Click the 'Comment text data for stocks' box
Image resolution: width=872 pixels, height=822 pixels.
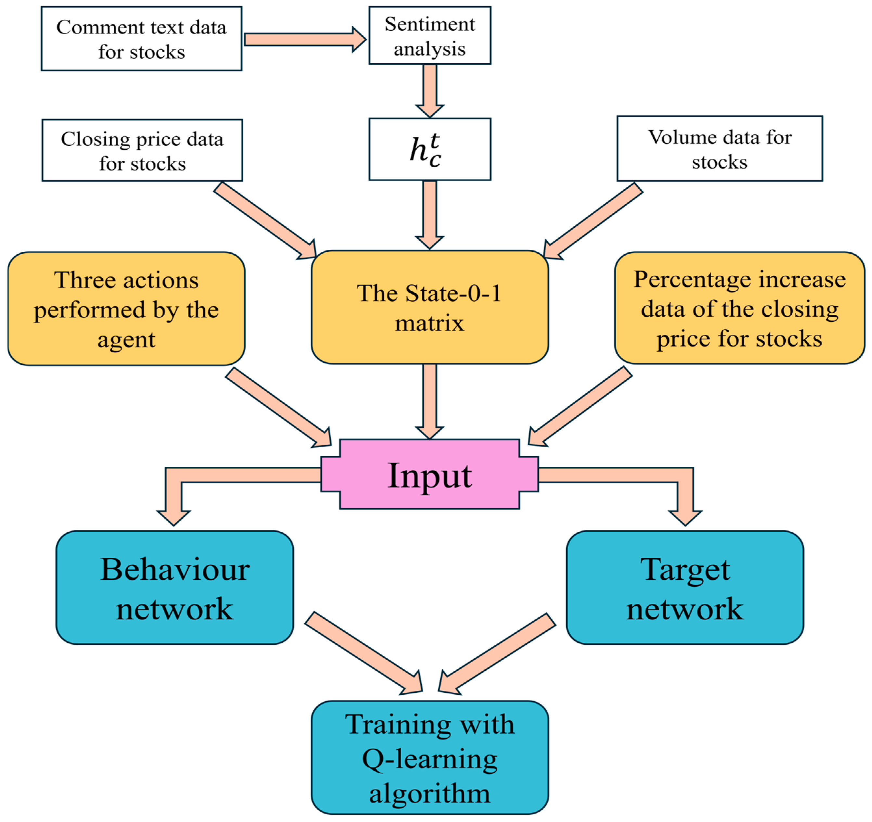coord(142,39)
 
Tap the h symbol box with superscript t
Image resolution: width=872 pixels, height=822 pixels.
coord(430,149)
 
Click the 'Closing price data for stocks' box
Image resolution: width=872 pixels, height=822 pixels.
coord(142,150)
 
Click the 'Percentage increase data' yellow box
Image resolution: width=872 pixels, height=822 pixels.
coord(739,308)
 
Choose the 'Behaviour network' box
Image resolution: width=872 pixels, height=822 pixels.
coord(174,588)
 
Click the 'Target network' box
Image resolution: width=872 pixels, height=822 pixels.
coord(685,588)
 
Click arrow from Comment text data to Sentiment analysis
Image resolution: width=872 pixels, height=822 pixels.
coord(303,39)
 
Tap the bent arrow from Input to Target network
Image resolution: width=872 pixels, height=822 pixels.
coord(636,475)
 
